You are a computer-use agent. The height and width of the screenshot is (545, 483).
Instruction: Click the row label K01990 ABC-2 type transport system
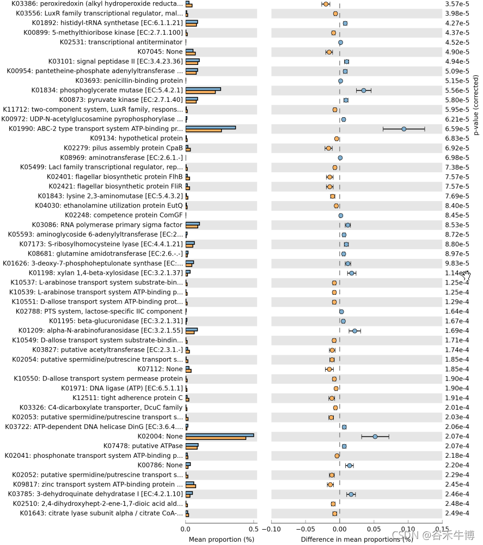pyautogui.click(x=93, y=129)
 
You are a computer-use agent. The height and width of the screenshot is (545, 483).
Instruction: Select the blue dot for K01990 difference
pyautogui.click(x=403, y=129)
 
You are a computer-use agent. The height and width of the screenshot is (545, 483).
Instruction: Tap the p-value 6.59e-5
pyautogui.click(x=457, y=129)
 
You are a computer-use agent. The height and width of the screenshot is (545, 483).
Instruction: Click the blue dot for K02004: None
pyautogui.click(x=375, y=437)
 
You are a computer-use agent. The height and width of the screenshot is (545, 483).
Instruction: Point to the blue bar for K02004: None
pyautogui.click(x=219, y=435)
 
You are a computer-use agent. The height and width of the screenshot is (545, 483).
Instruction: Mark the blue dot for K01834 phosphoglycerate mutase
pyautogui.click(x=364, y=90)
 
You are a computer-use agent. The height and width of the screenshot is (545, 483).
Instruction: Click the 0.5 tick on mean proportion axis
pyautogui.click(x=253, y=528)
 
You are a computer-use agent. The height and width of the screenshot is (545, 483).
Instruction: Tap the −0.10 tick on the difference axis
pyautogui.click(x=271, y=528)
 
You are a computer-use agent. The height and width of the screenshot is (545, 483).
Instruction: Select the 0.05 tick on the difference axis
pyautogui.click(x=374, y=528)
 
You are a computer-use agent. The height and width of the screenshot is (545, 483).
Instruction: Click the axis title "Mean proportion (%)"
pyautogui.click(x=221, y=539)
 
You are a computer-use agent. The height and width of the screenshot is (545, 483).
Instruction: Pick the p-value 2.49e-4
pyautogui.click(x=457, y=513)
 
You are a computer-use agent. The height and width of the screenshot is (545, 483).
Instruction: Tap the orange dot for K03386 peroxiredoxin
pyautogui.click(x=326, y=4)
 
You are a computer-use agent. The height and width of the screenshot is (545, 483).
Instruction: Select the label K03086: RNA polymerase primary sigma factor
pyautogui.click(x=107, y=225)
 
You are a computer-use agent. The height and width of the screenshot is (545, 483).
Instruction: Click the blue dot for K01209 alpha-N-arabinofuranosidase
pyautogui.click(x=354, y=331)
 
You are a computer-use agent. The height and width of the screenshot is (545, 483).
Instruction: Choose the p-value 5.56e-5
pyautogui.click(x=457, y=90)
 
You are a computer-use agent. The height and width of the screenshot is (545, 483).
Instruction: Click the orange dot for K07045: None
pyautogui.click(x=329, y=52)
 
